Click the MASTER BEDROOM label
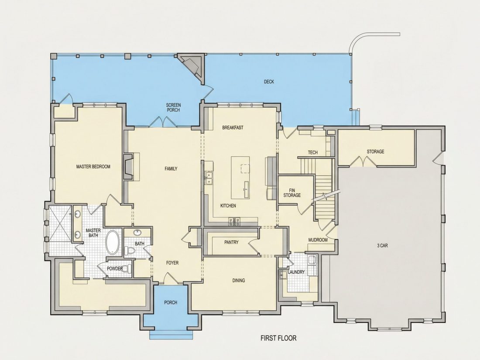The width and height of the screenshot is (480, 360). tap(93, 167)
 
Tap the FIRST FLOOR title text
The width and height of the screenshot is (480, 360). tap(278, 338)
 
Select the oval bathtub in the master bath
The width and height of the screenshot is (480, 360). tap(113, 242)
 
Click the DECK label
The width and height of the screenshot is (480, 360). tap(269, 82)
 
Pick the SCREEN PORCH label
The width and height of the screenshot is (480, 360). tap(173, 107)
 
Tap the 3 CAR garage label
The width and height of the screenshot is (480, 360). tap(383, 245)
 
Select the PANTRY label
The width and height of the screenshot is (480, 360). tap(231, 242)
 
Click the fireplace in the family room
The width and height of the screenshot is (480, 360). tap(128, 166)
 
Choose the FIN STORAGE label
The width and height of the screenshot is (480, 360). tap(292, 192)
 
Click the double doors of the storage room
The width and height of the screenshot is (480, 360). tap(363, 161)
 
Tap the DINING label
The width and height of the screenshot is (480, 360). tap(238, 281)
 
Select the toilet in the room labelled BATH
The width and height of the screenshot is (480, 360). tap(130, 251)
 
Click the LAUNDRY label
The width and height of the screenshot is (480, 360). tap(296, 272)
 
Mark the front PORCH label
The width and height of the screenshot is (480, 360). tap(171, 302)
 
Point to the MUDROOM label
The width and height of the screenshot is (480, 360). tap(318, 240)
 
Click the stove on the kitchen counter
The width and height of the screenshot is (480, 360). tap(234, 222)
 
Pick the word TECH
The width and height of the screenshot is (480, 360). tap(312, 152)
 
